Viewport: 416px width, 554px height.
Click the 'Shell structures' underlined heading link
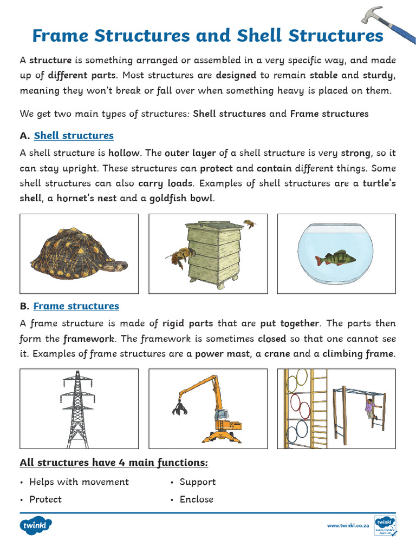tap(74, 135)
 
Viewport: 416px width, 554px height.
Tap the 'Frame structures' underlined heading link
tap(76, 306)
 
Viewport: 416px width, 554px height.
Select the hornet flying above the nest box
tap(249, 223)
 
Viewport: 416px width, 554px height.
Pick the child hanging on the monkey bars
tap(370, 408)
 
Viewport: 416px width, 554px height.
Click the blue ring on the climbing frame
tap(296, 433)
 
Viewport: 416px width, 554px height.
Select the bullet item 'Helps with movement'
tap(79, 482)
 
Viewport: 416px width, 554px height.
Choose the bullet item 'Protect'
tap(45, 499)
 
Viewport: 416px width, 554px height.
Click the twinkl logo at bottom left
tap(35, 525)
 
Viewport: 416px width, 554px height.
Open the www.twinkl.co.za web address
tap(348, 525)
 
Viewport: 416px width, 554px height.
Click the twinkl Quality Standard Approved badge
tap(385, 525)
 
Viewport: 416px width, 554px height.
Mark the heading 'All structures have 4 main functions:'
tap(114, 463)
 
